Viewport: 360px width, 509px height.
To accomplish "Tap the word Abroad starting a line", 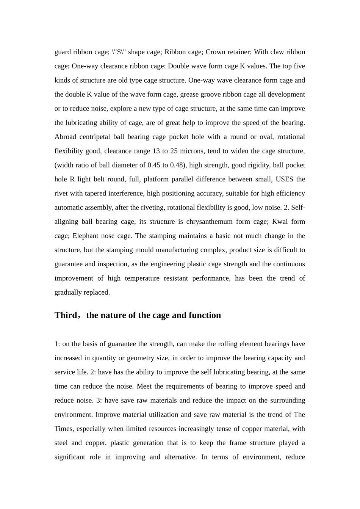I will coord(65,137).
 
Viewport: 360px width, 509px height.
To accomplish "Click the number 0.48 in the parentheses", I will coord(177,165).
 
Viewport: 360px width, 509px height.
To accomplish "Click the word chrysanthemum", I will coord(211,222).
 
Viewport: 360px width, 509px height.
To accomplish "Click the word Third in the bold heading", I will coord(65,315).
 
